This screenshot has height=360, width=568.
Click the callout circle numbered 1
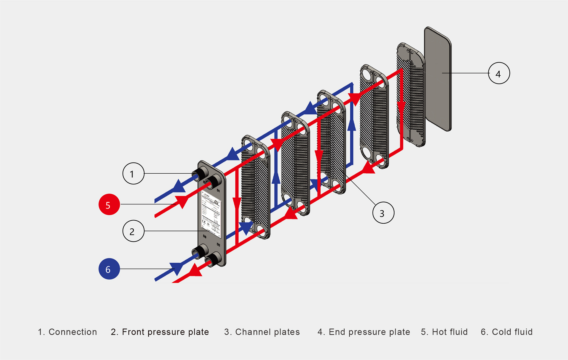(133, 174)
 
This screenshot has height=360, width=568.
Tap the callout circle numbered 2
(133, 231)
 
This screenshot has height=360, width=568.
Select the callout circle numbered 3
(383, 213)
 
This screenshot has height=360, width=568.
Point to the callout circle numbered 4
(499, 73)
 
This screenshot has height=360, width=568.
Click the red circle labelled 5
(109, 204)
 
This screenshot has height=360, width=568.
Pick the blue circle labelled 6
(109, 269)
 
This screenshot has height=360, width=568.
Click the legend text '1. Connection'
(67, 332)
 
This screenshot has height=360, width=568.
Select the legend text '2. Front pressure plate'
(160, 332)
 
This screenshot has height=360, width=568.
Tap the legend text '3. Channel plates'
(262, 332)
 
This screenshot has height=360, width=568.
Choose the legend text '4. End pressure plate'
(364, 332)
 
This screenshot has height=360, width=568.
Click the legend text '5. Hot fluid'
(444, 332)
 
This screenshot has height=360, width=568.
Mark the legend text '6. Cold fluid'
(506, 332)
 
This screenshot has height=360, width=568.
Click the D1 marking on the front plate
(218, 191)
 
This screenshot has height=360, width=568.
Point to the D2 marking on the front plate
(218, 245)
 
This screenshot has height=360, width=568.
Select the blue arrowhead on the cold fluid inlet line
(177, 268)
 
